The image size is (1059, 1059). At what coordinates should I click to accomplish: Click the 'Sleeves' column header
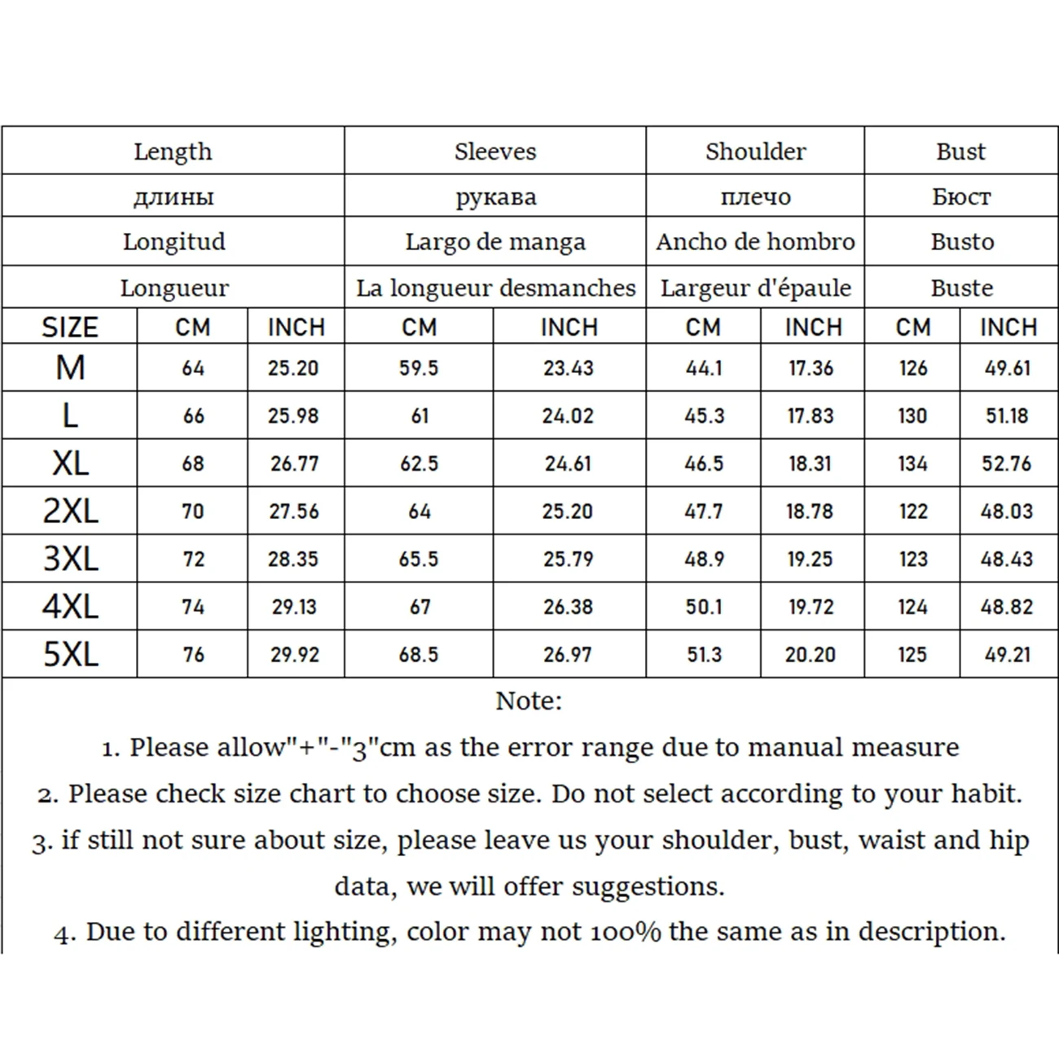(x=495, y=152)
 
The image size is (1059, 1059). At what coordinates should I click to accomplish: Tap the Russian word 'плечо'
(x=755, y=196)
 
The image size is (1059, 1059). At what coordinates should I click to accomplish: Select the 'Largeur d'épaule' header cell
(x=755, y=288)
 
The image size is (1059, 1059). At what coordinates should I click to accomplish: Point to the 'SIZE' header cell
(x=69, y=327)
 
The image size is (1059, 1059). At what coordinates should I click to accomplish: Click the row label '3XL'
(x=70, y=559)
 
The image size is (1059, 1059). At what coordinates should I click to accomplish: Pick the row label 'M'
(x=70, y=368)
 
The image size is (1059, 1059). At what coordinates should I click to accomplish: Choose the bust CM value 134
(x=912, y=464)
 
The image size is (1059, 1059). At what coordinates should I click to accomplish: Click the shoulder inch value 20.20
(x=810, y=654)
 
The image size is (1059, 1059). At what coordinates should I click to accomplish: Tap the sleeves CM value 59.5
(x=419, y=368)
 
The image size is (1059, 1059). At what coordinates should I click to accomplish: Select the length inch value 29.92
(x=295, y=654)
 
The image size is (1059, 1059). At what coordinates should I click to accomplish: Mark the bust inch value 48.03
(x=1007, y=512)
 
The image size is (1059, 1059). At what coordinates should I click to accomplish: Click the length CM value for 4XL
(x=193, y=607)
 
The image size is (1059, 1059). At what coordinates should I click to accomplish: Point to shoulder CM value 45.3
(x=704, y=415)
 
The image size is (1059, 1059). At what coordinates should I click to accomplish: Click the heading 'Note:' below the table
(x=529, y=701)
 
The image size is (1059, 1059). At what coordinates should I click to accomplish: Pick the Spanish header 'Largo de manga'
(x=495, y=242)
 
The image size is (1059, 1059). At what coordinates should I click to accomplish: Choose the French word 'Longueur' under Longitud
(x=174, y=288)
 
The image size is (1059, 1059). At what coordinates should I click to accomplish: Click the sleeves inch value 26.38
(x=568, y=607)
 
